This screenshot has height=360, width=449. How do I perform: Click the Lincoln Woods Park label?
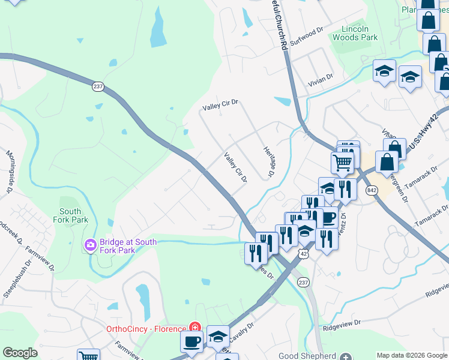pos(360,33)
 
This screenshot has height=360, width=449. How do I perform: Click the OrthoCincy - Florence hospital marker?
pos(195,327)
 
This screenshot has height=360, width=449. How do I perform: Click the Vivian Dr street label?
pos(321,79)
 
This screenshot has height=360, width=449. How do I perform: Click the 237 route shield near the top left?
pos(98,86)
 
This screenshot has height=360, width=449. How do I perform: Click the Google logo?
pos(20,353)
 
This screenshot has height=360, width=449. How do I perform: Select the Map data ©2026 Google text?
pos(411,355)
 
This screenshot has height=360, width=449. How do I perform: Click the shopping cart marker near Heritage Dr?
pos(342,161)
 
